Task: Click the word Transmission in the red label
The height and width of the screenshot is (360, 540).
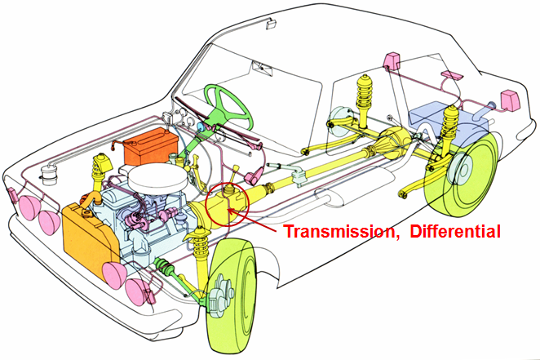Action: tap(339, 232)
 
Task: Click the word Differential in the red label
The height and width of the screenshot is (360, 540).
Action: tap(455, 231)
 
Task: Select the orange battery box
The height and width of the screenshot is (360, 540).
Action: tap(151, 146)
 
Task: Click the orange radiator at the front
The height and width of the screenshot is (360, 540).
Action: tap(91, 239)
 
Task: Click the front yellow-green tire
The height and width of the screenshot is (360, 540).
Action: tap(232, 296)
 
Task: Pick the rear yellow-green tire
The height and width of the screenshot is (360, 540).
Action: tap(462, 175)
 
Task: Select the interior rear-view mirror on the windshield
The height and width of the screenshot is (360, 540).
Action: tap(263, 68)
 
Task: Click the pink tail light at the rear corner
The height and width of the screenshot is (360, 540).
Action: tap(509, 100)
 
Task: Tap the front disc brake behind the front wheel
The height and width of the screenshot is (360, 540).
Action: tap(221, 297)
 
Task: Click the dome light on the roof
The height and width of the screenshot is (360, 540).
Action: tap(272, 24)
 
